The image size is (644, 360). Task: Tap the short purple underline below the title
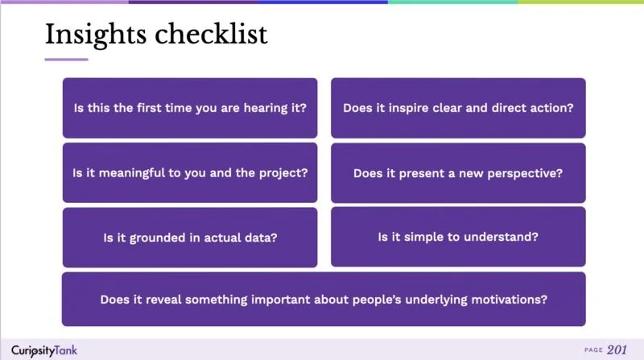pyautogui.click(x=66, y=59)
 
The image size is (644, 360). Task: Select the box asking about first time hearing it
pyautogui.click(x=190, y=108)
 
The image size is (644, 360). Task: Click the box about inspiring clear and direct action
pyautogui.click(x=458, y=108)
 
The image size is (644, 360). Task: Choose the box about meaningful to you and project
pyautogui.click(x=190, y=172)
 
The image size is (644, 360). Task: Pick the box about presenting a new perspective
pyautogui.click(x=458, y=172)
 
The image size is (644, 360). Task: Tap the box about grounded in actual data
pyautogui.click(x=190, y=237)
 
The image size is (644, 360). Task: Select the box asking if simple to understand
pyautogui.click(x=458, y=237)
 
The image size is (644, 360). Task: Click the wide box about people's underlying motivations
pyautogui.click(x=324, y=299)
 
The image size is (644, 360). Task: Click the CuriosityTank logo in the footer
pyautogui.click(x=44, y=350)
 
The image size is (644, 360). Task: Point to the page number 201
pyautogui.click(x=618, y=350)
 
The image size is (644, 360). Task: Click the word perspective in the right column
pyautogui.click(x=527, y=172)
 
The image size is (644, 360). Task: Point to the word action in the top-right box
pyautogui.click(x=553, y=108)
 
